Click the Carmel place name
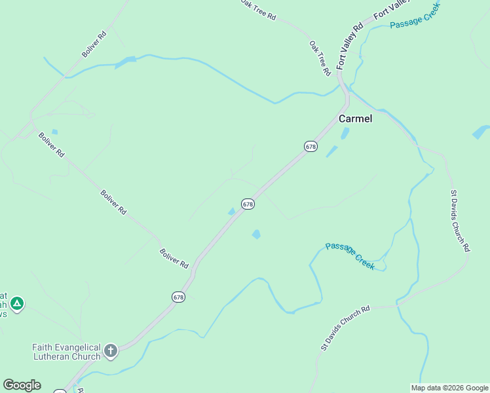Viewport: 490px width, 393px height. click(x=355, y=119)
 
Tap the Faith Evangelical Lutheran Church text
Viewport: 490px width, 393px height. click(x=67, y=352)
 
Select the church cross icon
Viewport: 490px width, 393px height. click(x=111, y=351)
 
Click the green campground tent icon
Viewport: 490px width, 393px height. click(x=17, y=303)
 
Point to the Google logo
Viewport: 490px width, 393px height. click(x=22, y=385)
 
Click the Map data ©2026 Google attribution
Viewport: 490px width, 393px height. click(x=450, y=388)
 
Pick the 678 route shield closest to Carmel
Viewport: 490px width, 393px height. click(x=311, y=147)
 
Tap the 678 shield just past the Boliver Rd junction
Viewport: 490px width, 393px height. click(x=179, y=297)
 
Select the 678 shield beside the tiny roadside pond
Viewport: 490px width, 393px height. click(x=247, y=204)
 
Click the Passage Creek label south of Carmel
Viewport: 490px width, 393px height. click(x=350, y=255)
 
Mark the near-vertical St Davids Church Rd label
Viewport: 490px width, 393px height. click(x=460, y=221)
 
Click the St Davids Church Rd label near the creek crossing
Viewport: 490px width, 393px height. click(x=345, y=327)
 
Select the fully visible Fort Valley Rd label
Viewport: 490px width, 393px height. click(x=350, y=47)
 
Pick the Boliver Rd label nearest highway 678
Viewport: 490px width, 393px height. click(x=174, y=258)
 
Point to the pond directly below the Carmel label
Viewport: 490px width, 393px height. click(x=345, y=134)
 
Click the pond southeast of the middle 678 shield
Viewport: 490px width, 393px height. click(x=256, y=234)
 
